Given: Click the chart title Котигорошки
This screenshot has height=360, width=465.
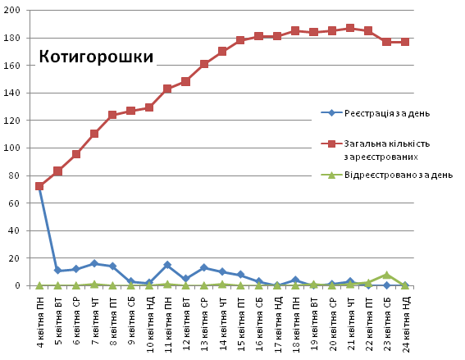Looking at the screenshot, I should click(x=96, y=57).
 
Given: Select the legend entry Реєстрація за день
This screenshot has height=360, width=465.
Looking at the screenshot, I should click(x=387, y=112).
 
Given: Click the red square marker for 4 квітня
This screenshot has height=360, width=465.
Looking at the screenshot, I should click(x=39, y=186).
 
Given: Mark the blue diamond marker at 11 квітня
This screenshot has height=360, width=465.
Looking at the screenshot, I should click(x=167, y=265).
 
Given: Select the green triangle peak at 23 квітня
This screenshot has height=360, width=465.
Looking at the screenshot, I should click(x=386, y=275).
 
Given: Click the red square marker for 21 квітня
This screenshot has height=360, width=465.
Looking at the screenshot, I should click(x=350, y=28).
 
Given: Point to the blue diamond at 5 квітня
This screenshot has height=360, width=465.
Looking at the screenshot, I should click(x=57, y=271).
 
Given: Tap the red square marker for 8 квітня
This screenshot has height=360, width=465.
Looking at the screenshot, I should click(x=112, y=115).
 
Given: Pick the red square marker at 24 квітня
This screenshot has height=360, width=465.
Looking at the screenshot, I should click(x=405, y=41).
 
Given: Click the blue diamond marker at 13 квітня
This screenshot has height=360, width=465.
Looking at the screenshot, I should click(x=203, y=267).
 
